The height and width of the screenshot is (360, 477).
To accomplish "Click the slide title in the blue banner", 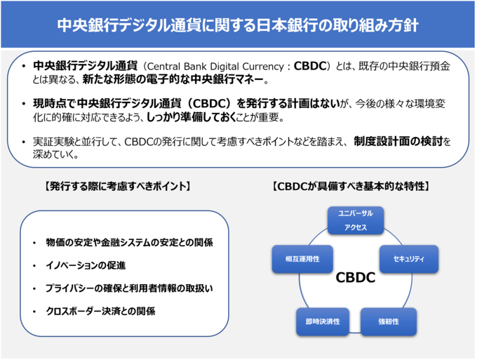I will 238,25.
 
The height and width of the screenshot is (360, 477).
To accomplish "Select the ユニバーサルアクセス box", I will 356,220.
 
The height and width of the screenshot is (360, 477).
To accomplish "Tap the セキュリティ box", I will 409,259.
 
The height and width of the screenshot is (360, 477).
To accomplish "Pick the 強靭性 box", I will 389,321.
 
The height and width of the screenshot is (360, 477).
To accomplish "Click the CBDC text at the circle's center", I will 356,277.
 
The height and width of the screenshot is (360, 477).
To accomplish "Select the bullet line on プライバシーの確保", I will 128,288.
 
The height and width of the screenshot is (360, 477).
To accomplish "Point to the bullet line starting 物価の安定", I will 129,242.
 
